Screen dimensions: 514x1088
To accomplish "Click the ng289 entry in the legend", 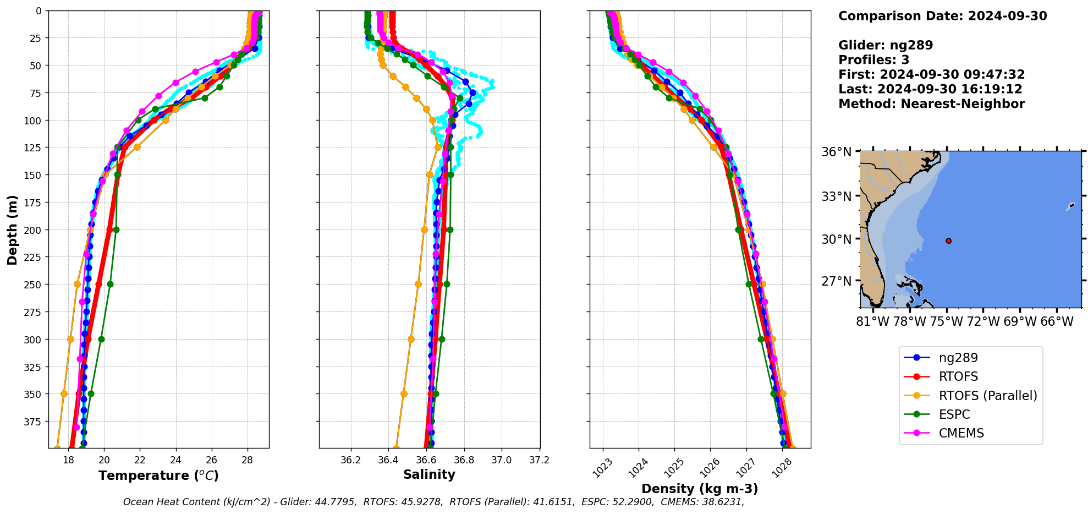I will click(x=958, y=358).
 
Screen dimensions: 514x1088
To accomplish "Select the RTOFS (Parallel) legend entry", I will click(x=987, y=396).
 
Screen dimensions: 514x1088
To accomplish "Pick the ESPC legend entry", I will click(x=954, y=414).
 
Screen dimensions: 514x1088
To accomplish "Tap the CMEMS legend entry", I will click(x=961, y=433).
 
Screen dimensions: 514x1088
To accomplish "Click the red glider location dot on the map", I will click(x=948, y=240).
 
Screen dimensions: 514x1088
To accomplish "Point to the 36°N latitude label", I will click(x=836, y=152).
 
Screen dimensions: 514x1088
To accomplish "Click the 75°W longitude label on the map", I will click(x=947, y=321).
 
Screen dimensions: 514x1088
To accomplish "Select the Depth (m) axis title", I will click(x=12, y=229).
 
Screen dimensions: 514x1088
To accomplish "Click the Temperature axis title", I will click(x=158, y=475).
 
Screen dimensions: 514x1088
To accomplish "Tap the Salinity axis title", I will click(x=429, y=474).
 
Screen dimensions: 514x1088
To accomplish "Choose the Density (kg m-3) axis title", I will click(x=700, y=489).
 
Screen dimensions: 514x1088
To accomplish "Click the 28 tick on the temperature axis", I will click(x=247, y=460).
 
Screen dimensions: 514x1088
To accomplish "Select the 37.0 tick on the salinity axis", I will click(x=501, y=460).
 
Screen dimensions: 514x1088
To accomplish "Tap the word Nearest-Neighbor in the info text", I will click(x=963, y=104).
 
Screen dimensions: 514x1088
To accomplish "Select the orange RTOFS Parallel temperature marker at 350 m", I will click(x=64, y=393).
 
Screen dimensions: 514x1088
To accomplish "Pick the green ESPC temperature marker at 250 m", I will click(x=110, y=285).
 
